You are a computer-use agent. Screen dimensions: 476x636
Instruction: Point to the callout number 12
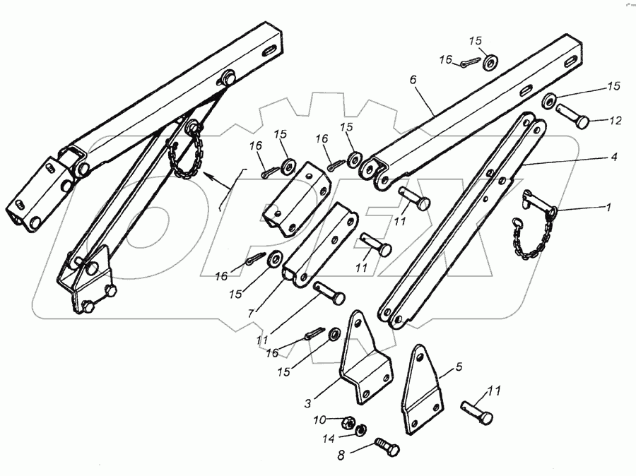[x=614, y=121]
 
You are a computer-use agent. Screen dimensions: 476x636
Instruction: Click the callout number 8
[x=343, y=454]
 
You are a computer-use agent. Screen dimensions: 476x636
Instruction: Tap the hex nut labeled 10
[x=348, y=422]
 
